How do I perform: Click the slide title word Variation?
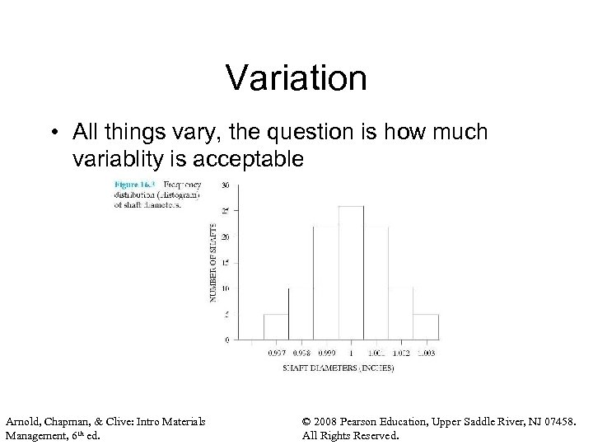(x=296, y=78)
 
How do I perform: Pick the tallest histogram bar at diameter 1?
(x=351, y=272)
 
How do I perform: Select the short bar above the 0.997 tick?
(x=276, y=326)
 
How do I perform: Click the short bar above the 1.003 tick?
(x=425, y=326)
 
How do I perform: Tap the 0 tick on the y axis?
(x=226, y=339)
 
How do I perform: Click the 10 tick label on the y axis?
(x=225, y=288)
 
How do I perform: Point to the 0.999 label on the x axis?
(x=326, y=352)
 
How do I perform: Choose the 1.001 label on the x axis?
(x=376, y=352)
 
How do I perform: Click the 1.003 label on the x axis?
(x=425, y=352)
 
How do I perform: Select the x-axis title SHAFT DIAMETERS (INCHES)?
(x=337, y=368)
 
